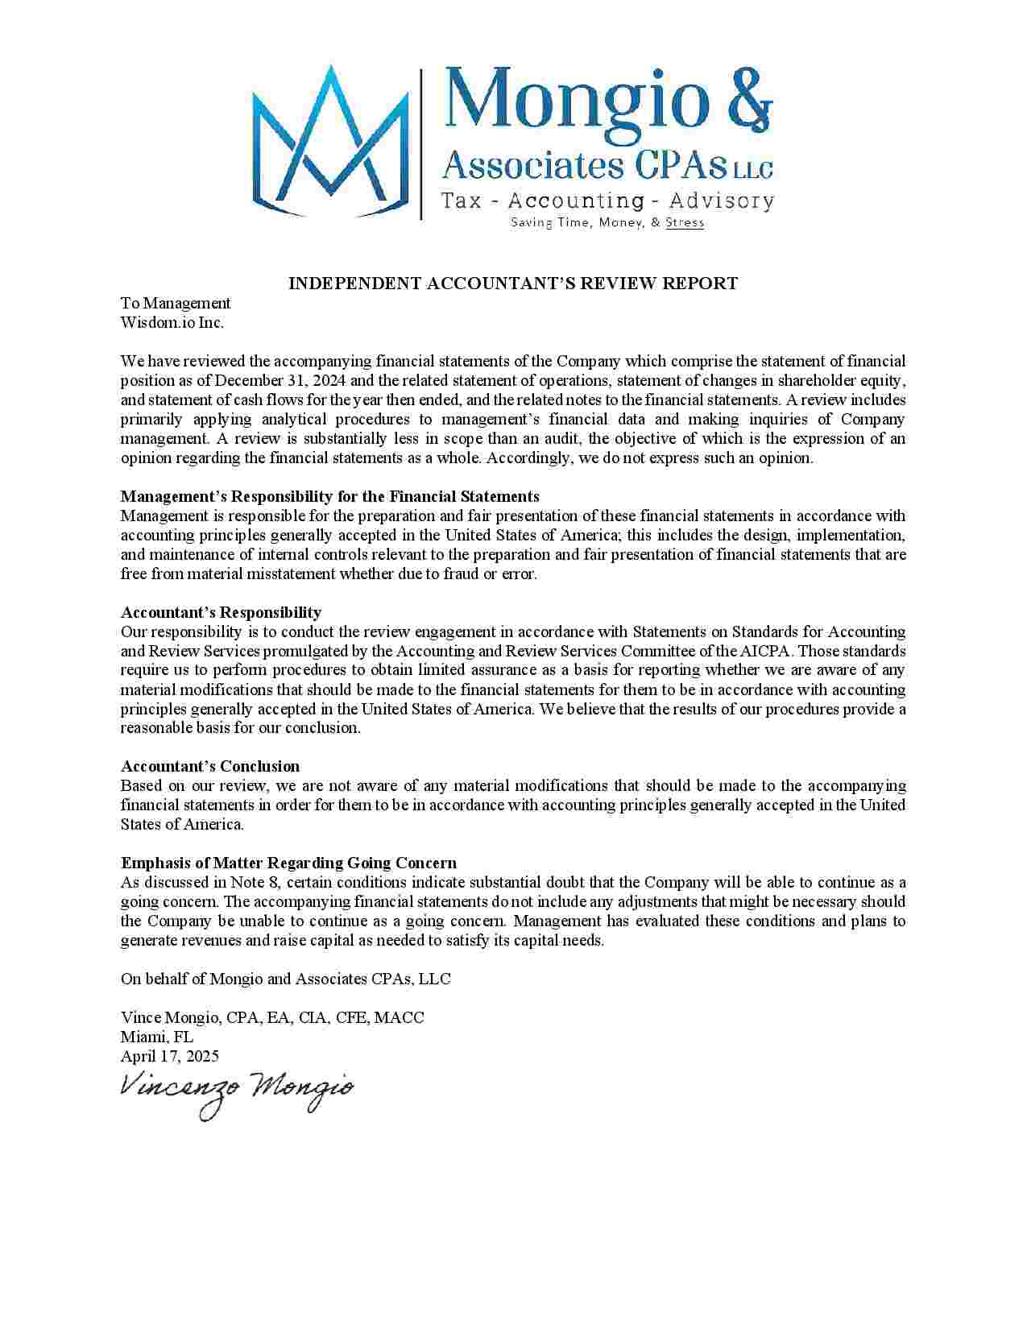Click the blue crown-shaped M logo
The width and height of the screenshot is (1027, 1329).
[330, 141]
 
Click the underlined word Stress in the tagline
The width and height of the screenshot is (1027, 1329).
[685, 223]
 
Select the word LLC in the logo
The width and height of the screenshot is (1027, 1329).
[752, 170]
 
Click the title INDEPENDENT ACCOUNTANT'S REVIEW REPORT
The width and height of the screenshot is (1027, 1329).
[513, 284]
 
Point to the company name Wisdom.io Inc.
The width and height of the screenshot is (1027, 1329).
[172, 323]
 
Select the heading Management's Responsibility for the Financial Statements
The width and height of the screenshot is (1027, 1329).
[329, 497]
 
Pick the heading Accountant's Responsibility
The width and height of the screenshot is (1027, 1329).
[221, 613]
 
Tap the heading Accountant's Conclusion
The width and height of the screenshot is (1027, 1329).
[210, 767]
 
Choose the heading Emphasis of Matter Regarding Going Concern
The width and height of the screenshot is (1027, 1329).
[288, 863]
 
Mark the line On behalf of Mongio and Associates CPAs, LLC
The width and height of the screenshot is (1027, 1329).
[286, 979]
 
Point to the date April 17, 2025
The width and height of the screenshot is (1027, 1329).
[170, 1057]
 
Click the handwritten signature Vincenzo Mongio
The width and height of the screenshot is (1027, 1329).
[236, 1091]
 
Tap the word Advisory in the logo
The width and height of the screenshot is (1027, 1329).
[722, 201]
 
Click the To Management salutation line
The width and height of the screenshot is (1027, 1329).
[176, 304]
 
